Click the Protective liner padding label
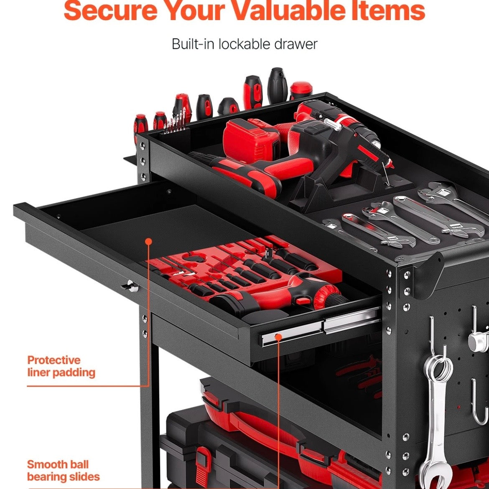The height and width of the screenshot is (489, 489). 61,366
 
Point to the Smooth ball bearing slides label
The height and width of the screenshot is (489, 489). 63,470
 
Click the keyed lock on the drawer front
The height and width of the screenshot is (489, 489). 132,286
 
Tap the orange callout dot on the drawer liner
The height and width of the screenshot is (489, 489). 149,241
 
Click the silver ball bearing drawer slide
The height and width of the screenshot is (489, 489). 321,326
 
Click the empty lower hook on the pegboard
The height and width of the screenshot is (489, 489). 478,402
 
